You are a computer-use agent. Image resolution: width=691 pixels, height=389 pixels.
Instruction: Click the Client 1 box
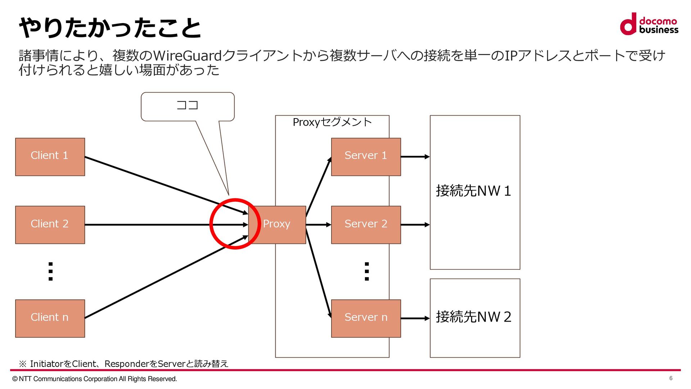click(x=50, y=157)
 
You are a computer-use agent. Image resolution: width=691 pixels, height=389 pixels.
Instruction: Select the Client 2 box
click(x=50, y=225)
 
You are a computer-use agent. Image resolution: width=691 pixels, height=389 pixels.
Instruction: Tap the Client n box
click(x=50, y=318)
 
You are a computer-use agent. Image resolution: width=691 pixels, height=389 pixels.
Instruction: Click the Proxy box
click(x=277, y=225)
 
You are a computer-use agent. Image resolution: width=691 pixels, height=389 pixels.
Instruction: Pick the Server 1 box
click(x=366, y=157)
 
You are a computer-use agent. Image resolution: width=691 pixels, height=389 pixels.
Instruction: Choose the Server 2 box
click(x=366, y=225)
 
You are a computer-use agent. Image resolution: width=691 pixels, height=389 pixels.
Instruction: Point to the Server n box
click(x=366, y=318)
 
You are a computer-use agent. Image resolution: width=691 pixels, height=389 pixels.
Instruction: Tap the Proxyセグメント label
click(x=332, y=122)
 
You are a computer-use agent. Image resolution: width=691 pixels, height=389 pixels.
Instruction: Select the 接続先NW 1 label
click(x=474, y=191)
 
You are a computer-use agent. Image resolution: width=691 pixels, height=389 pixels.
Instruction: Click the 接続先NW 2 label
click(x=474, y=317)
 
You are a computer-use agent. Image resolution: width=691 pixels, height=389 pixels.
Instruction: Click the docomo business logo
click(x=649, y=24)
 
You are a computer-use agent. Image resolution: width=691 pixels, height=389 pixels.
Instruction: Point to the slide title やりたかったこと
click(x=110, y=28)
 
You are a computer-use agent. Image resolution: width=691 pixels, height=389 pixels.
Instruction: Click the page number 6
click(x=671, y=378)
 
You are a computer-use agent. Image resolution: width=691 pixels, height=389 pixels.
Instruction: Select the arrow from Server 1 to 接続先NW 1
click(x=415, y=157)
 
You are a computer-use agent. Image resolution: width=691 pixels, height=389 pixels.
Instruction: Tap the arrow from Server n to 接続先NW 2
click(x=415, y=318)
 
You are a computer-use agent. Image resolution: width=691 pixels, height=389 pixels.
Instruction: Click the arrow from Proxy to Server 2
click(x=318, y=225)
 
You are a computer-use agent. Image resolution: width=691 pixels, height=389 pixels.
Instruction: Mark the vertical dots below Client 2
click(x=50, y=272)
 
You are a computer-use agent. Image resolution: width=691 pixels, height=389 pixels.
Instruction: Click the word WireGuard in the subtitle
click(x=188, y=56)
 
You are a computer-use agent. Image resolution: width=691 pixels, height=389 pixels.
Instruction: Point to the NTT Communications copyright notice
click(x=95, y=379)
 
